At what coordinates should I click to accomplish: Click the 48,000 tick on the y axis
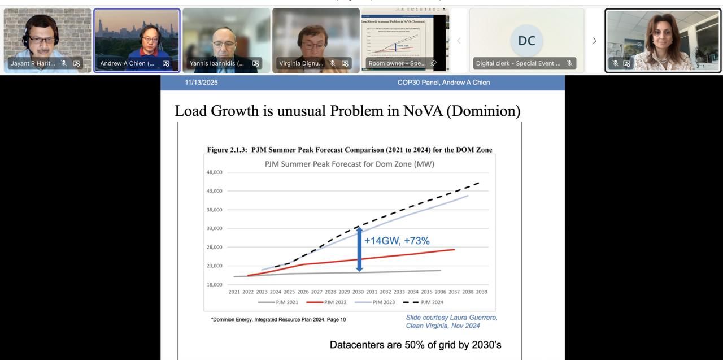(214, 172)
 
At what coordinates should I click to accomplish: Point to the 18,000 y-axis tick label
(214, 285)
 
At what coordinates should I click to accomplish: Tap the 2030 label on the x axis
(358, 292)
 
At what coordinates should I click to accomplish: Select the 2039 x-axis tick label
(481, 292)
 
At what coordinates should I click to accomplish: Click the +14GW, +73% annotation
(397, 241)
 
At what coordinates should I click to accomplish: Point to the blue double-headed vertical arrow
(359, 249)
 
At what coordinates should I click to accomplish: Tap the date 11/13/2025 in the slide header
(201, 83)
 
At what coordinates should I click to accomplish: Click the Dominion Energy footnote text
(278, 320)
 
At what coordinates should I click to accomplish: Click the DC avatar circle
(526, 41)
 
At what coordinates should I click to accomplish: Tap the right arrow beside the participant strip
(594, 41)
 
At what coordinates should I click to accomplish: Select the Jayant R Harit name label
(33, 63)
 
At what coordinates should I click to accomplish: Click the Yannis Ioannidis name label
(217, 63)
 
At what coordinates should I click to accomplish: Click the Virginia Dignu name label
(302, 63)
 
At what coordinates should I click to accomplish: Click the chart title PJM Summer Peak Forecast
(350, 164)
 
